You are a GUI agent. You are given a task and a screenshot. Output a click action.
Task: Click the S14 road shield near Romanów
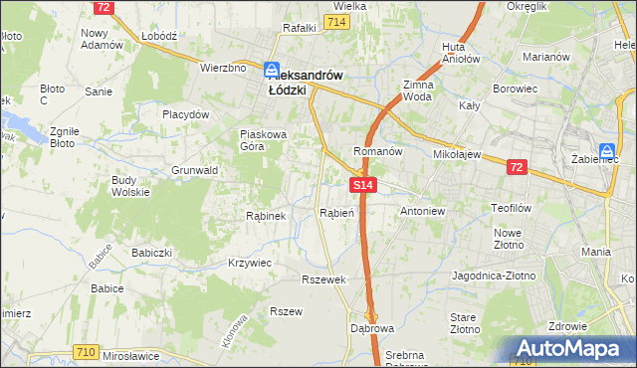pos(363,185)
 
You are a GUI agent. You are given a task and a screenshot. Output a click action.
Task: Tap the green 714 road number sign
pos(335,23)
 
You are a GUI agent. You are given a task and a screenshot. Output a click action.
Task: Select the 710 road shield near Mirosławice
pos(86,352)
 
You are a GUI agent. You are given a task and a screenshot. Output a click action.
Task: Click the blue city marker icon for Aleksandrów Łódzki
pos(271,72)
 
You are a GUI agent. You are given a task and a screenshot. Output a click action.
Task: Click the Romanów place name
pos(377,152)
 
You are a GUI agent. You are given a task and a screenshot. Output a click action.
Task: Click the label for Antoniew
pos(421,212)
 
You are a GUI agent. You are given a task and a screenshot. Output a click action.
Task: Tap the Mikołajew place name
pos(457,155)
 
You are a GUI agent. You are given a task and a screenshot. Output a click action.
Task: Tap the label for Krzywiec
pos(250,262)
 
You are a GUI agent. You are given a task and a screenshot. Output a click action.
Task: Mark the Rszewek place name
pos(323,279)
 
